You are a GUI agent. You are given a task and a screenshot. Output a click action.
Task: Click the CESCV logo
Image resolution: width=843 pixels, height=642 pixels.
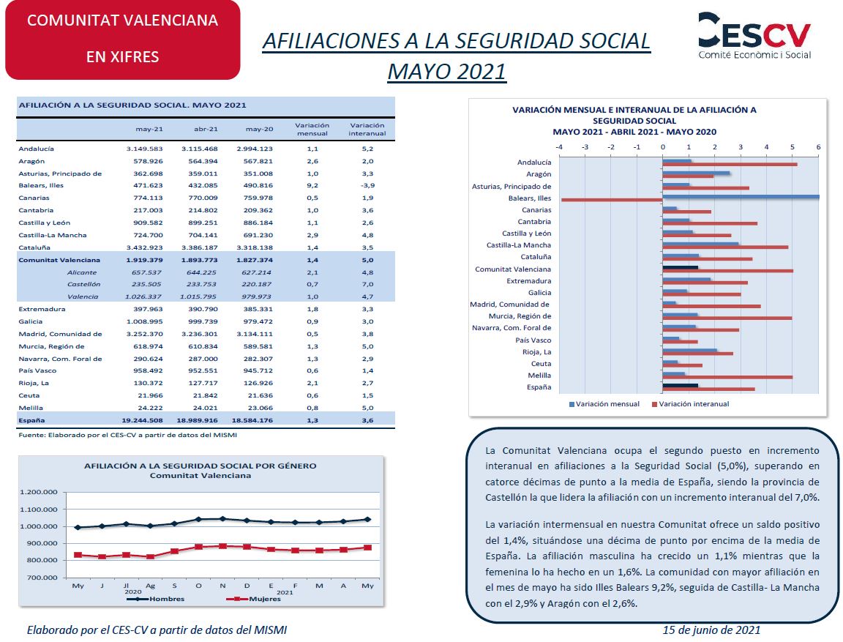754,35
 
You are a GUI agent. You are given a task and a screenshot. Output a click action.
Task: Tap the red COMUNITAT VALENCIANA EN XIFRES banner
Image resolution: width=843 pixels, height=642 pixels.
123,40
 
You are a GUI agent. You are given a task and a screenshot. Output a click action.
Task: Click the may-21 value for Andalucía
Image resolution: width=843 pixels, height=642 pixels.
145,149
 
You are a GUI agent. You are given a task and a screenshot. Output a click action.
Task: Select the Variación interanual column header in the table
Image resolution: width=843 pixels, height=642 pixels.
367,129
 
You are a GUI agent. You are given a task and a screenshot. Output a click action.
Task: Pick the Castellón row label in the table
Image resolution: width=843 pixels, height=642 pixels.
84,285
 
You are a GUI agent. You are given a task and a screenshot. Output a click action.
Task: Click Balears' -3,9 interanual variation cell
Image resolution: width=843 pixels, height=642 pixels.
368,185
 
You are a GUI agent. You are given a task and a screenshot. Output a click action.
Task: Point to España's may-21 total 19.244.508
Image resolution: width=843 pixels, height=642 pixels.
143,420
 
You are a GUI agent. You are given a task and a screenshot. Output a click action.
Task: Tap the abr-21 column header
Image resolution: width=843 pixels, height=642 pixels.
206,129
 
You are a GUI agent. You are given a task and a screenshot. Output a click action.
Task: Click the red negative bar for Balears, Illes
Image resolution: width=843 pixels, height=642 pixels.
612,200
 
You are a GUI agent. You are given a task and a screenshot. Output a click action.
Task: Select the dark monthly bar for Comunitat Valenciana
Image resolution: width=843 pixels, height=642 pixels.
681,267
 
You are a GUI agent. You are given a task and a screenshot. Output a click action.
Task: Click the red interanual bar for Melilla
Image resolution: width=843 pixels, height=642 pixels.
727,377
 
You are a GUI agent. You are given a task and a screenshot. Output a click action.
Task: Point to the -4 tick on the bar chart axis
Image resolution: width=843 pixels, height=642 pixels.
559,147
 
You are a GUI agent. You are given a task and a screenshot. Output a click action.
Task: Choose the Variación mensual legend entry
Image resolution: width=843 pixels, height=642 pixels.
604,404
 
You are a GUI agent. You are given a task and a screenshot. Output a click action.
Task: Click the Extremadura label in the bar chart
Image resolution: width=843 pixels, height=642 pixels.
528,280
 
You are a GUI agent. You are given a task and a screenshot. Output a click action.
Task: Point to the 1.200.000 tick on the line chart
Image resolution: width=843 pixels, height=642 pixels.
39,492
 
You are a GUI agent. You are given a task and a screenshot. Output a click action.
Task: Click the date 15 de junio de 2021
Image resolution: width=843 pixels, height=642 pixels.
711,630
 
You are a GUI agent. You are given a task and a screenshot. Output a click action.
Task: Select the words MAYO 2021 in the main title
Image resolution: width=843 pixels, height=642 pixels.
447,71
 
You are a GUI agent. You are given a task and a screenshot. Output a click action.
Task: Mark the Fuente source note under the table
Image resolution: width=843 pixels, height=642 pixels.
127,435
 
